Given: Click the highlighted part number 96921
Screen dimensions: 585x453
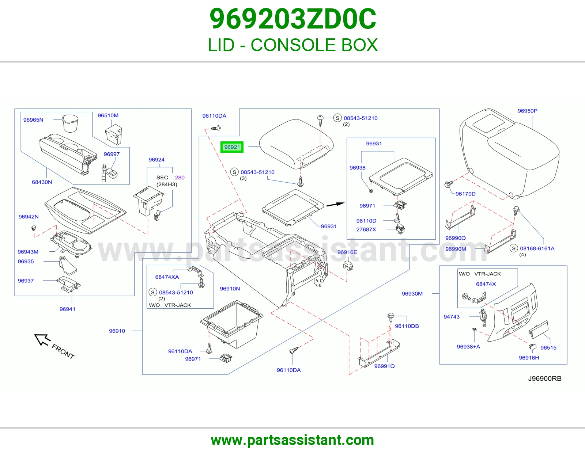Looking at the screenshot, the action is click(x=232, y=147).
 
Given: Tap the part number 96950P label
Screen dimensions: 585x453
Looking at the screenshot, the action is click(x=527, y=111).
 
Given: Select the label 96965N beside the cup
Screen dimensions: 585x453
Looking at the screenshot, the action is click(x=33, y=120).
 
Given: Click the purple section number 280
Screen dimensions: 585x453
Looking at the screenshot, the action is click(x=180, y=178).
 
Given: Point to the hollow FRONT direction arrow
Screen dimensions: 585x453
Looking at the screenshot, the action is click(x=42, y=340).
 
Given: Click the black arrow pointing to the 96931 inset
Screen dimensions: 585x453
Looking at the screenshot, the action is click(x=335, y=205).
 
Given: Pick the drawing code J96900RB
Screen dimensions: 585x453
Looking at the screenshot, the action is click(x=545, y=378).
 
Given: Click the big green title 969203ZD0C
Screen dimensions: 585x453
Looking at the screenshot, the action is click(x=292, y=19).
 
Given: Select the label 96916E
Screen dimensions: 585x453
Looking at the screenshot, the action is click(x=347, y=252).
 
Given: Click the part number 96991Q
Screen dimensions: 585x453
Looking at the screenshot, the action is click(x=384, y=366).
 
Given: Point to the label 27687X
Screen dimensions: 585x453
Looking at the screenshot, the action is click(x=366, y=229).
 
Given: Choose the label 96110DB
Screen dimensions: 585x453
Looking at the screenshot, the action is click(x=407, y=326).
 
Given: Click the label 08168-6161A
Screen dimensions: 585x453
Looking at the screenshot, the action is click(x=537, y=248).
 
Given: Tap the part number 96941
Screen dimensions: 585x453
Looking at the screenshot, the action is click(x=67, y=309).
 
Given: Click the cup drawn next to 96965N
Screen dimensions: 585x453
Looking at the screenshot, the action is click(x=70, y=123).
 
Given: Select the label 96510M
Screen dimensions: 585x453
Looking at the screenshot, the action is click(x=108, y=115).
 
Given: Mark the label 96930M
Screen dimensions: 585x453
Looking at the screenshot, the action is click(x=412, y=294).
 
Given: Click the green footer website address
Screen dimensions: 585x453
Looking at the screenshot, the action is click(x=292, y=440).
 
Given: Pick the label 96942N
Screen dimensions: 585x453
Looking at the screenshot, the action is click(x=29, y=217).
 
